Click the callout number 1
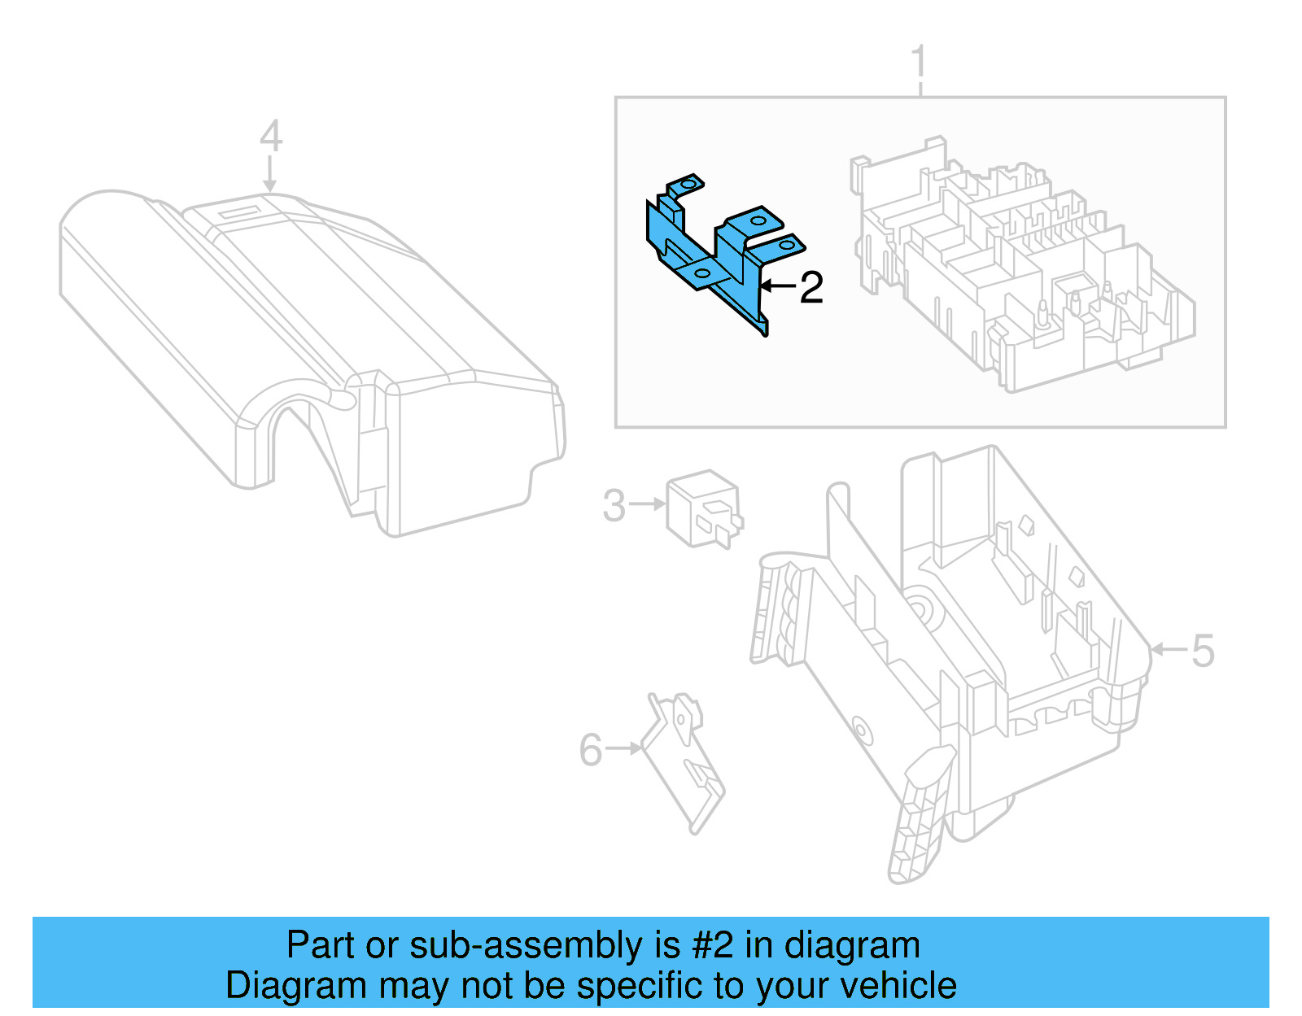tap(919, 63)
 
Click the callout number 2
tap(811, 287)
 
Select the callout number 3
tap(614, 505)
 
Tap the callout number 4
tap(271, 136)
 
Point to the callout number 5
tap(1203, 651)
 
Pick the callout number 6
tap(591, 749)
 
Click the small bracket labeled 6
tap(684, 761)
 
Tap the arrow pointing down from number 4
tap(270, 175)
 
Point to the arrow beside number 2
tap(776, 286)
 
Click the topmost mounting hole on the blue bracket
tap(688, 185)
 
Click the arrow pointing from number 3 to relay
tap(648, 504)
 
